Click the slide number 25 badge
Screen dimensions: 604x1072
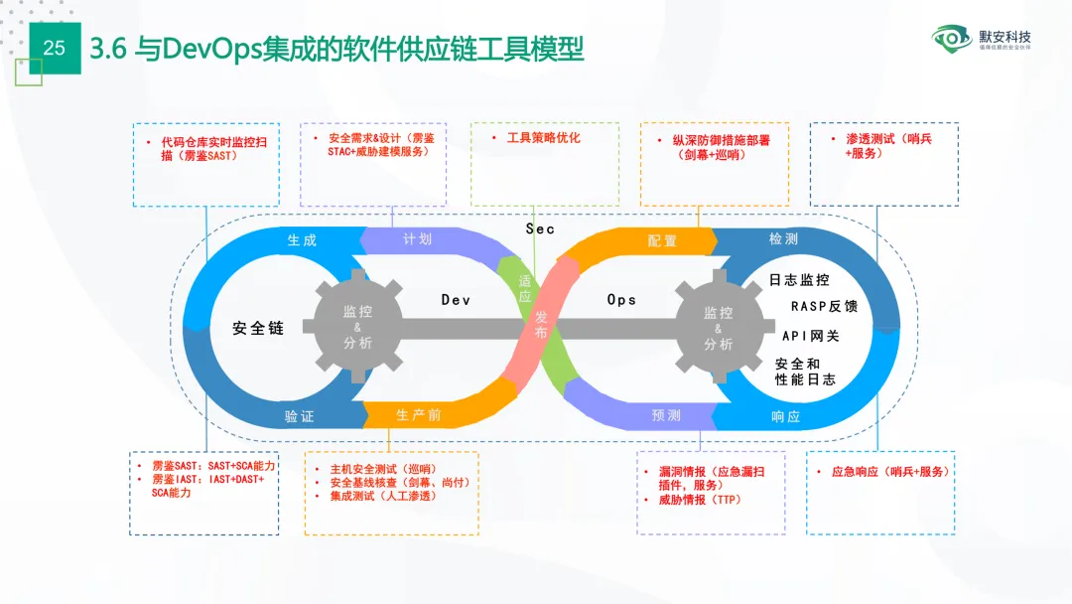click(x=55, y=48)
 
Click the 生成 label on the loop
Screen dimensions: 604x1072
click(x=302, y=240)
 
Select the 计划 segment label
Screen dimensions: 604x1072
click(x=418, y=239)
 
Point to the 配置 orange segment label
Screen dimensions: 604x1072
click(x=662, y=241)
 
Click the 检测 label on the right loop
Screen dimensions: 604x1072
click(x=783, y=240)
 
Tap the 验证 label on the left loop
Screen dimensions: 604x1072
click(x=299, y=416)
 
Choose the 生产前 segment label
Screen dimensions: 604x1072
click(x=418, y=415)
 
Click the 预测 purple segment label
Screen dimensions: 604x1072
click(x=666, y=415)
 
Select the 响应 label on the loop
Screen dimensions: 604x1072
click(x=785, y=417)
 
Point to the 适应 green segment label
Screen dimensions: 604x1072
click(x=525, y=289)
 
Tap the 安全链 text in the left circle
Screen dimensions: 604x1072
click(x=258, y=328)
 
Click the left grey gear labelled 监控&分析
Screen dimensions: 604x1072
click(x=357, y=327)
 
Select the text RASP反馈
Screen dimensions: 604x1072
click(x=824, y=307)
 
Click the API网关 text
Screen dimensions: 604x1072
click(x=810, y=336)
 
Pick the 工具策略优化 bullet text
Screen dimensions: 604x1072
click(x=543, y=138)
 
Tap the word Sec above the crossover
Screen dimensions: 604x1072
click(x=540, y=229)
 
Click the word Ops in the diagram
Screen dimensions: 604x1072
click(x=621, y=299)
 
